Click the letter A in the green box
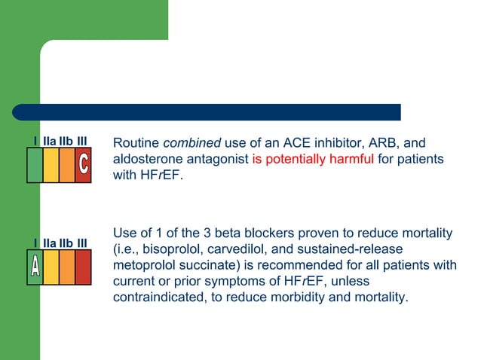click(35, 267)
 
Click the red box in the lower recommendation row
click(83, 267)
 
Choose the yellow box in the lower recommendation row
click(51, 267)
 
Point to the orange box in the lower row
click(66, 267)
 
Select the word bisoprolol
click(164, 249)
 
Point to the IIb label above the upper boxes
click(66, 141)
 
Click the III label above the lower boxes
click(83, 242)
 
